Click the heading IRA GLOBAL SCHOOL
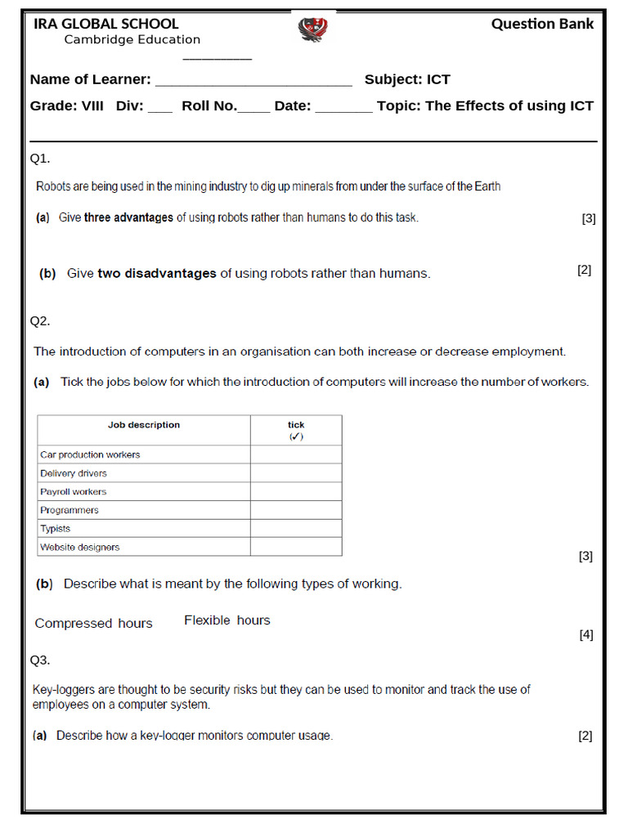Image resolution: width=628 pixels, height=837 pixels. click(x=105, y=24)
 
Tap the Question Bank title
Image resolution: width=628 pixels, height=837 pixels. click(x=542, y=24)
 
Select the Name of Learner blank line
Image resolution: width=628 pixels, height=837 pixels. click(x=253, y=80)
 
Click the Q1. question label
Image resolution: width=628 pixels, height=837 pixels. click(x=40, y=157)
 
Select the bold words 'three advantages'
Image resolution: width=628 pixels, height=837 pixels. click(x=128, y=217)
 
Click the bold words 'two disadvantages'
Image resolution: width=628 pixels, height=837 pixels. click(x=157, y=273)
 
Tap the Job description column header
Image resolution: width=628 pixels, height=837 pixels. click(x=144, y=425)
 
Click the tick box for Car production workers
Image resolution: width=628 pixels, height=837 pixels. click(x=296, y=454)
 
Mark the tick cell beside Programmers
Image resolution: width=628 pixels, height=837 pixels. click(x=296, y=510)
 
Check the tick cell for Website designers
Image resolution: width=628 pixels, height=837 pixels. click(x=296, y=547)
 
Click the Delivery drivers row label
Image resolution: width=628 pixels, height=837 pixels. click(x=74, y=473)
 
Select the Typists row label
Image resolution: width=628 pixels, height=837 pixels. click(x=56, y=529)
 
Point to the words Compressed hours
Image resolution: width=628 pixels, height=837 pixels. click(x=93, y=623)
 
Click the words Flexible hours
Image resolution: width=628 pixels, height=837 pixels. click(x=227, y=620)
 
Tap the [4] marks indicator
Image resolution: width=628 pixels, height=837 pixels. click(x=585, y=634)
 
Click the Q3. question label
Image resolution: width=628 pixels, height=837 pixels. click(x=40, y=659)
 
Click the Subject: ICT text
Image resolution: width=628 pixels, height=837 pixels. click(x=407, y=79)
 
